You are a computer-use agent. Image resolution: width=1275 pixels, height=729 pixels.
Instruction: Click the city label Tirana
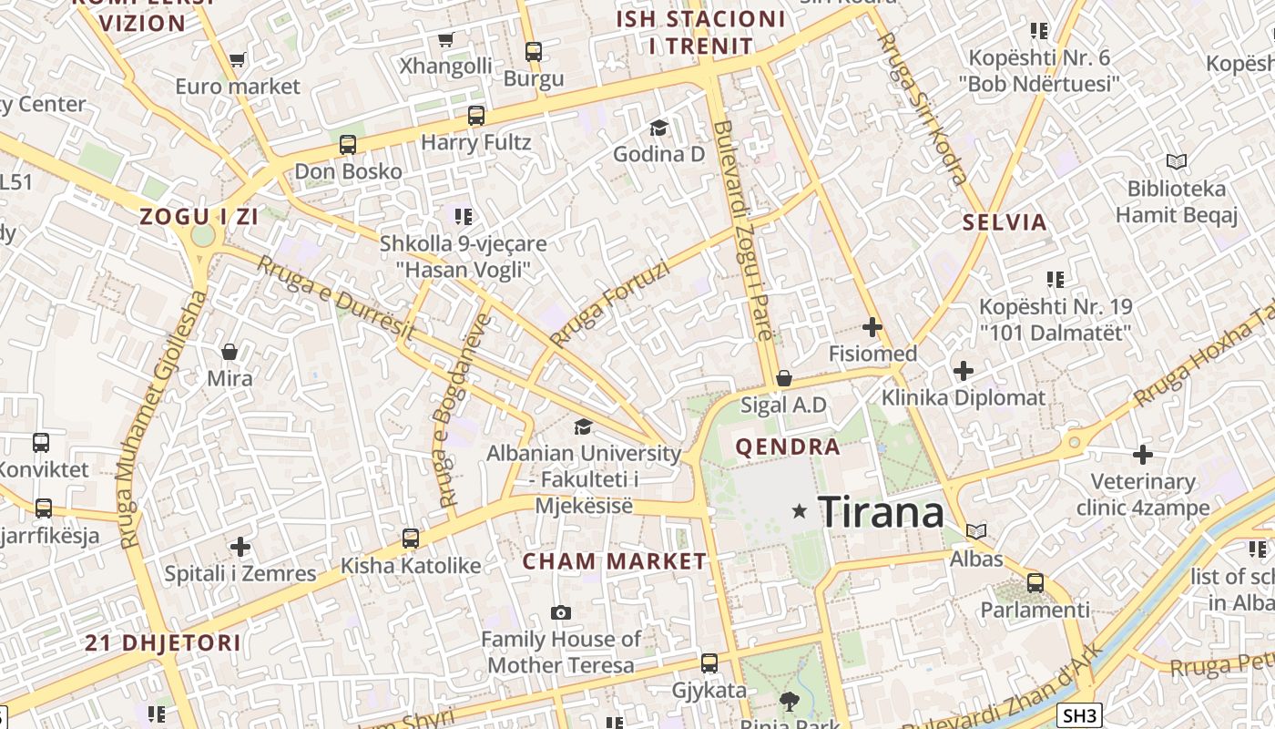881,512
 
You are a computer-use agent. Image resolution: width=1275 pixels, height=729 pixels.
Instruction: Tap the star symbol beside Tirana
800,511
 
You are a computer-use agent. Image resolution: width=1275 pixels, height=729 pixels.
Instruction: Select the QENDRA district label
787,447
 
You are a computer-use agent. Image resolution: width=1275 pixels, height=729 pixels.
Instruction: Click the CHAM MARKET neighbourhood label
614,561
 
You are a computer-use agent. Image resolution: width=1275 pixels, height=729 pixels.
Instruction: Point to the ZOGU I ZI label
199,217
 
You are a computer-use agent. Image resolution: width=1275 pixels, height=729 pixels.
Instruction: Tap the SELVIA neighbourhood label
1005,222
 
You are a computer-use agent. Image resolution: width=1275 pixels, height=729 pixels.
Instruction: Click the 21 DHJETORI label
163,642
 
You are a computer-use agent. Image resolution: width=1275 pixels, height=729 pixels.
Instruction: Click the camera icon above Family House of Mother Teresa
561,612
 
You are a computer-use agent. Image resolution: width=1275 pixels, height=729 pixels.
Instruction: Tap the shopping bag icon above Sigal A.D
783,378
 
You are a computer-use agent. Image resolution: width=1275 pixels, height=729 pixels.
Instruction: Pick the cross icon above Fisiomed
872,326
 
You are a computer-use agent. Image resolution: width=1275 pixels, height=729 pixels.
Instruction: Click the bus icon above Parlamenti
1035,582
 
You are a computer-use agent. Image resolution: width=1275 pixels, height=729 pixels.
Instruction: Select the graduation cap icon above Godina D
658,128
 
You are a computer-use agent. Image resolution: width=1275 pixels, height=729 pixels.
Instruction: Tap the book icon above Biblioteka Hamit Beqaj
1177,162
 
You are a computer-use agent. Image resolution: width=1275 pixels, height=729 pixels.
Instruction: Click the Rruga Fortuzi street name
609,304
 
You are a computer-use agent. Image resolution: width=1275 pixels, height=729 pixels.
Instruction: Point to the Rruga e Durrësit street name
335,297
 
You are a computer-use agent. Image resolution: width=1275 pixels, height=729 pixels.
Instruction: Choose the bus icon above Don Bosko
348,145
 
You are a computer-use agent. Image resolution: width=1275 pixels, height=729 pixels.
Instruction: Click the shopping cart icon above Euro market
238,60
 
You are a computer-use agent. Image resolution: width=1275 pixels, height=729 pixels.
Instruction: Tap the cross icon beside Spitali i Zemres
240,547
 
